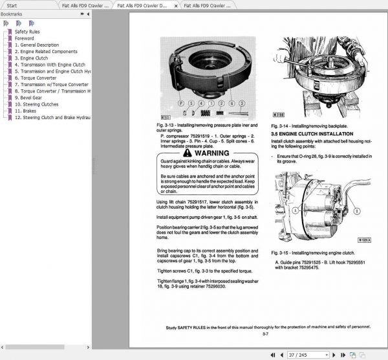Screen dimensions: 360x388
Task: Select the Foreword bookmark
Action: [25, 38]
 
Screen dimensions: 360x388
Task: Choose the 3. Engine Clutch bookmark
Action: [32, 58]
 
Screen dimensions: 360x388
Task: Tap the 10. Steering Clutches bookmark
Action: [37, 104]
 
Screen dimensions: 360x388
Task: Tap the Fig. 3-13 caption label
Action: [167, 123]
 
